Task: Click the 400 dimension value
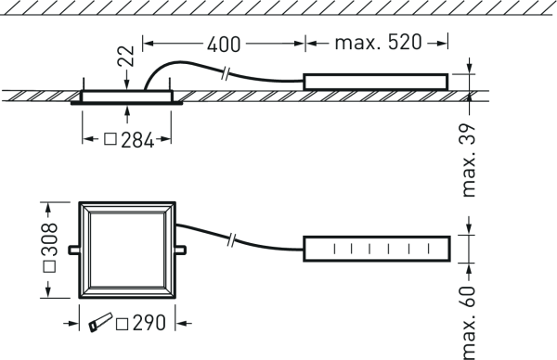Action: pyautogui.click(x=224, y=45)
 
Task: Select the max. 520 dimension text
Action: pyautogui.click(x=379, y=43)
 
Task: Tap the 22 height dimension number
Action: pyautogui.click(x=126, y=56)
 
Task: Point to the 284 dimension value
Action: pyautogui.click(x=137, y=140)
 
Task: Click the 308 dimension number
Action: pyautogui.click(x=49, y=239)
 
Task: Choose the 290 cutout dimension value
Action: pyautogui.click(x=149, y=323)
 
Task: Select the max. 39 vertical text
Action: pyautogui.click(x=468, y=161)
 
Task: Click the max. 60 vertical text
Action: pyautogui.click(x=468, y=322)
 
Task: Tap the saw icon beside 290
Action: pyautogui.click(x=100, y=322)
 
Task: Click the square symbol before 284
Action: pyautogui.click(x=110, y=139)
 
